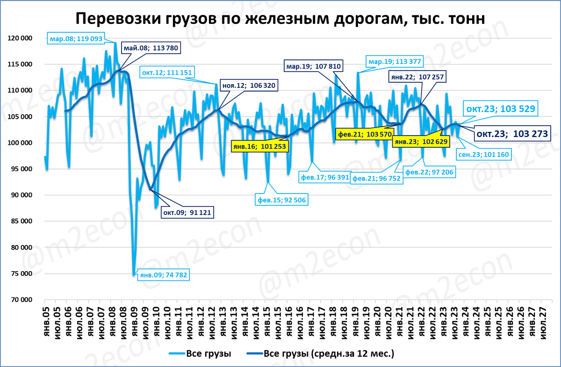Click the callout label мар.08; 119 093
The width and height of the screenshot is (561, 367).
(76, 39)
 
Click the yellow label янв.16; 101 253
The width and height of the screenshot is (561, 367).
(260, 145)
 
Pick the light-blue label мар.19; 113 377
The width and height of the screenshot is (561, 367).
(395, 61)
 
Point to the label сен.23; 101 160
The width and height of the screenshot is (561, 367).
(483, 154)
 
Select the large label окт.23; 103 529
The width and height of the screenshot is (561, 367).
(500, 109)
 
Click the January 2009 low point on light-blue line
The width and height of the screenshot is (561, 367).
(134, 273)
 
